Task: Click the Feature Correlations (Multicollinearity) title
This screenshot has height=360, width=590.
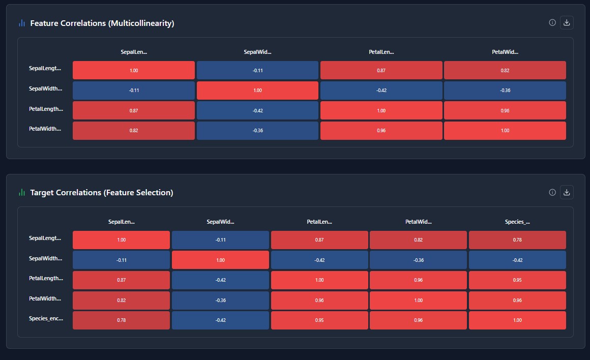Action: [102, 23]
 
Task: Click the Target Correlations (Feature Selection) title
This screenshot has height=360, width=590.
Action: [101, 192]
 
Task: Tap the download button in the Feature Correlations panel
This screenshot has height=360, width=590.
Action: [567, 22]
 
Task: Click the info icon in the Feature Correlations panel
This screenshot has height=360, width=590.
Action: [552, 22]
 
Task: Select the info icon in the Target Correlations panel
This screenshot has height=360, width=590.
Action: [552, 192]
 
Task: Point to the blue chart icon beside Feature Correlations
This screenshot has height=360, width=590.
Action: [21, 23]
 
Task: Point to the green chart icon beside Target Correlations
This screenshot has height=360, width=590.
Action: [21, 192]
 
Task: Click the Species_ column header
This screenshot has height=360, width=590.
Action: [517, 222]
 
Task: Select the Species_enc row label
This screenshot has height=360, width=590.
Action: [46, 318]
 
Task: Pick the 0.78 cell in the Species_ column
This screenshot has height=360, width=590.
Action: [517, 240]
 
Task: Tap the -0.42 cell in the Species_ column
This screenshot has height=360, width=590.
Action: [517, 260]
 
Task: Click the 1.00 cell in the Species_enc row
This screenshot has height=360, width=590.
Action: [517, 320]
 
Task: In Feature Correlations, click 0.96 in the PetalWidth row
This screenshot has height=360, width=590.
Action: [381, 131]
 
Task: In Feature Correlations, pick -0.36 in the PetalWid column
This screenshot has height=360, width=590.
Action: [505, 91]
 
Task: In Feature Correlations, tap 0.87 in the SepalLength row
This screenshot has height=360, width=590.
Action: [381, 70]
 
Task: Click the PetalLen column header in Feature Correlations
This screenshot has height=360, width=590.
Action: [381, 52]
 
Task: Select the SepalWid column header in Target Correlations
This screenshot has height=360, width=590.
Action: [220, 222]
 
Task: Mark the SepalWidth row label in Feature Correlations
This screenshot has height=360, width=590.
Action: [46, 88]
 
